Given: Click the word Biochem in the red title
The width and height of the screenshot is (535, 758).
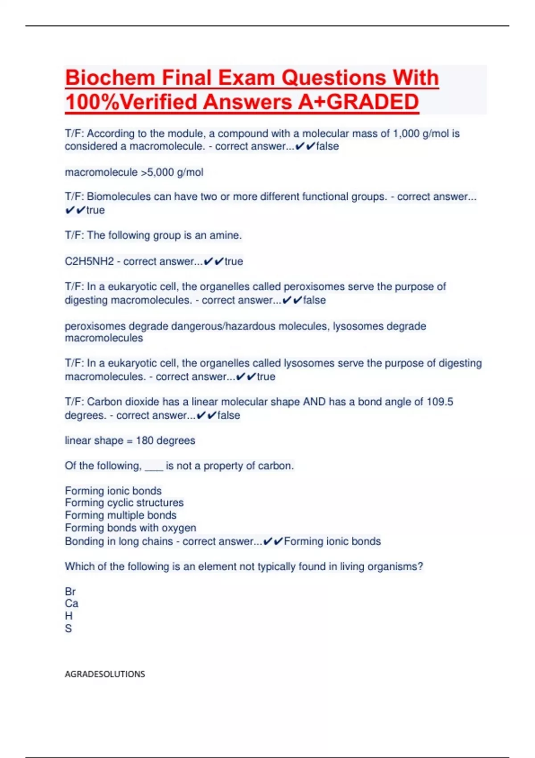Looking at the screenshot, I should [x=110, y=78].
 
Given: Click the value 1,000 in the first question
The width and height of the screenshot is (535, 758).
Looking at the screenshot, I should [x=406, y=134].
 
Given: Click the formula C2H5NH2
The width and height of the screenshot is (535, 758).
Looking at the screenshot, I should [x=89, y=261].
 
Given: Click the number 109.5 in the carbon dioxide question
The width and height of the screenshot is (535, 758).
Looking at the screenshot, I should [x=440, y=402].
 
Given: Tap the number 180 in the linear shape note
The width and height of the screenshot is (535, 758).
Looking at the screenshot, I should [x=144, y=441].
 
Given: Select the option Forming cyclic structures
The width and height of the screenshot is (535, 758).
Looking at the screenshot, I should [x=124, y=503].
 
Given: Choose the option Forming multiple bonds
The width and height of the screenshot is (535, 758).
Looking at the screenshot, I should [x=120, y=515].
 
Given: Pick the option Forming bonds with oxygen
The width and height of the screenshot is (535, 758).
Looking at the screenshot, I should [x=130, y=528].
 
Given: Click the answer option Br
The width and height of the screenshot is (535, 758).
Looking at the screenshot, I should [x=70, y=592].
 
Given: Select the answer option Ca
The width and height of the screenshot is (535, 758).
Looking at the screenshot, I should [x=71, y=604].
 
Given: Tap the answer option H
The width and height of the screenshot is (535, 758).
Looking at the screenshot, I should [x=69, y=616].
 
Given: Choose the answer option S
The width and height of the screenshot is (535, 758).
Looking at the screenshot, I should [x=68, y=629].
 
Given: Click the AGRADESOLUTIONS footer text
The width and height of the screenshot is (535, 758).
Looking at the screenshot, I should [x=105, y=674].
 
